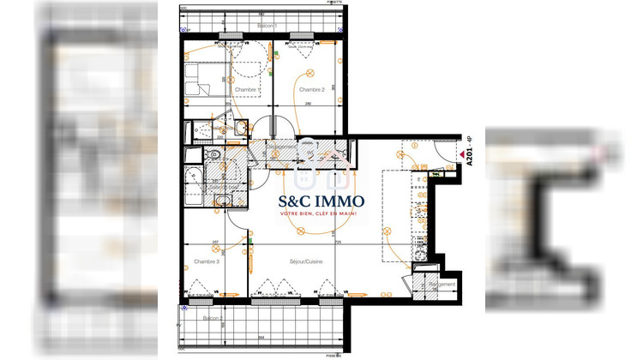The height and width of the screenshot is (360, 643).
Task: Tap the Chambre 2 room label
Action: [x=310, y=89]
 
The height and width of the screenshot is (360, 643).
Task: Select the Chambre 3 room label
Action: [x=207, y=261]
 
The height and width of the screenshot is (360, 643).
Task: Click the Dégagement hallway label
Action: [x=280, y=147]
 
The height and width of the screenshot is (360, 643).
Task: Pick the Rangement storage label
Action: [x=443, y=284]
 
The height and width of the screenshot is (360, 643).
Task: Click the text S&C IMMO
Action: [x=321, y=201]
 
